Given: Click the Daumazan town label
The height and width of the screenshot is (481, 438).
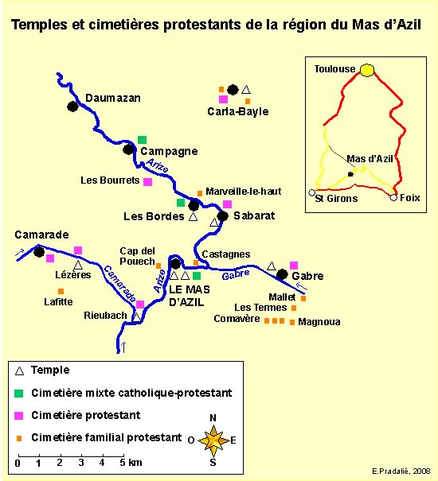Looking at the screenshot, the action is click(113, 98).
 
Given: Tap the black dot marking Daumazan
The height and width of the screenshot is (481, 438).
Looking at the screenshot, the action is click(72, 107).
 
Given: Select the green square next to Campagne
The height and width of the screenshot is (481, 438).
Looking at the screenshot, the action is click(142, 140).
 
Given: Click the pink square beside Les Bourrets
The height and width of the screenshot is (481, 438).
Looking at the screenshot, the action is click(148, 182).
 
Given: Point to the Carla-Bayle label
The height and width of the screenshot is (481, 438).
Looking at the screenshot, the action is click(238, 111).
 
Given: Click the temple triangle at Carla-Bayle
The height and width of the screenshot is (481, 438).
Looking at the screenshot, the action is click(245, 90).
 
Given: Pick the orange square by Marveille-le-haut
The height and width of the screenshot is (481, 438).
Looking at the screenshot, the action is click(200, 193).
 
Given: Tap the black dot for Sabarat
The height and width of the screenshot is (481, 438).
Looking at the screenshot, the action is click(222, 215).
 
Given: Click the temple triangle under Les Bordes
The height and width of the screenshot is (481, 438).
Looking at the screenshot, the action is click(193, 216).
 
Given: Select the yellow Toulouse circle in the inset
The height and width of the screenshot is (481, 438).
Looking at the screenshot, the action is click(367, 70).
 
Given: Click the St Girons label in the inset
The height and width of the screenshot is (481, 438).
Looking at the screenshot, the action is click(336, 199).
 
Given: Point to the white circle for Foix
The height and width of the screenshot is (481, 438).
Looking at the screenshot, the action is click(393, 197).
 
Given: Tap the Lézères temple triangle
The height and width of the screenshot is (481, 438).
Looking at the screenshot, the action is click(78, 265).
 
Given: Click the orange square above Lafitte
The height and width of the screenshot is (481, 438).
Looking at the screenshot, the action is click(61, 291).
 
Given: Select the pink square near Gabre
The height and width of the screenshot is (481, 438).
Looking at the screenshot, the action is click(294, 266).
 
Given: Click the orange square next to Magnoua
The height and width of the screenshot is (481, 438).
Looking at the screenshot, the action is click(292, 322).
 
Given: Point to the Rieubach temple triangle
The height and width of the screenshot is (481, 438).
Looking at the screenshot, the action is click(136, 317).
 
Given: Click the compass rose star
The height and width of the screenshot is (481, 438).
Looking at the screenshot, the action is click(213, 440).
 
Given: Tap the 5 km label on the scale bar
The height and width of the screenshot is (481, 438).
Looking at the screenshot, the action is click(131, 463).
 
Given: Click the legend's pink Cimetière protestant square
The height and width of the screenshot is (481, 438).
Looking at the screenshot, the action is click(19, 415).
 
